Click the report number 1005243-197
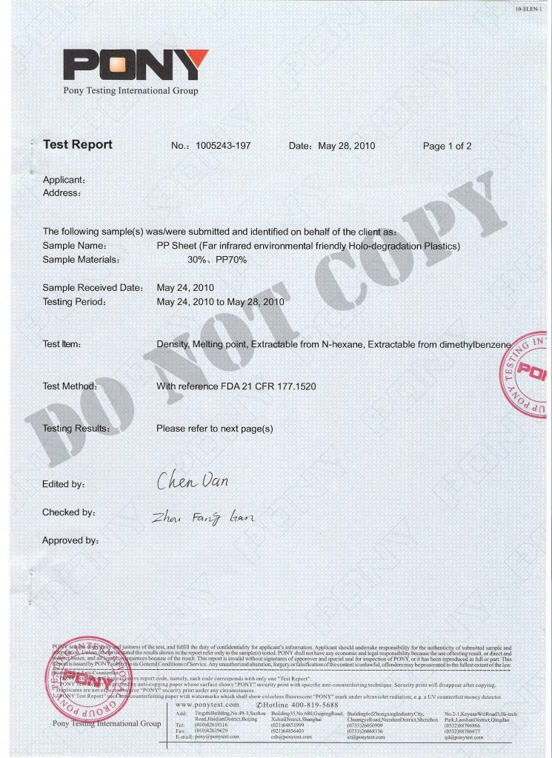[223, 146]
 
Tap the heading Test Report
[78, 144]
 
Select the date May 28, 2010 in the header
[346, 146]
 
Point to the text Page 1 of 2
[447, 146]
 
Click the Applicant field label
[64, 180]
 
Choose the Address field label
[61, 192]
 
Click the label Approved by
[70, 540]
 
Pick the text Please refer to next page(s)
[215, 429]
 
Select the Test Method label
[70, 386]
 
